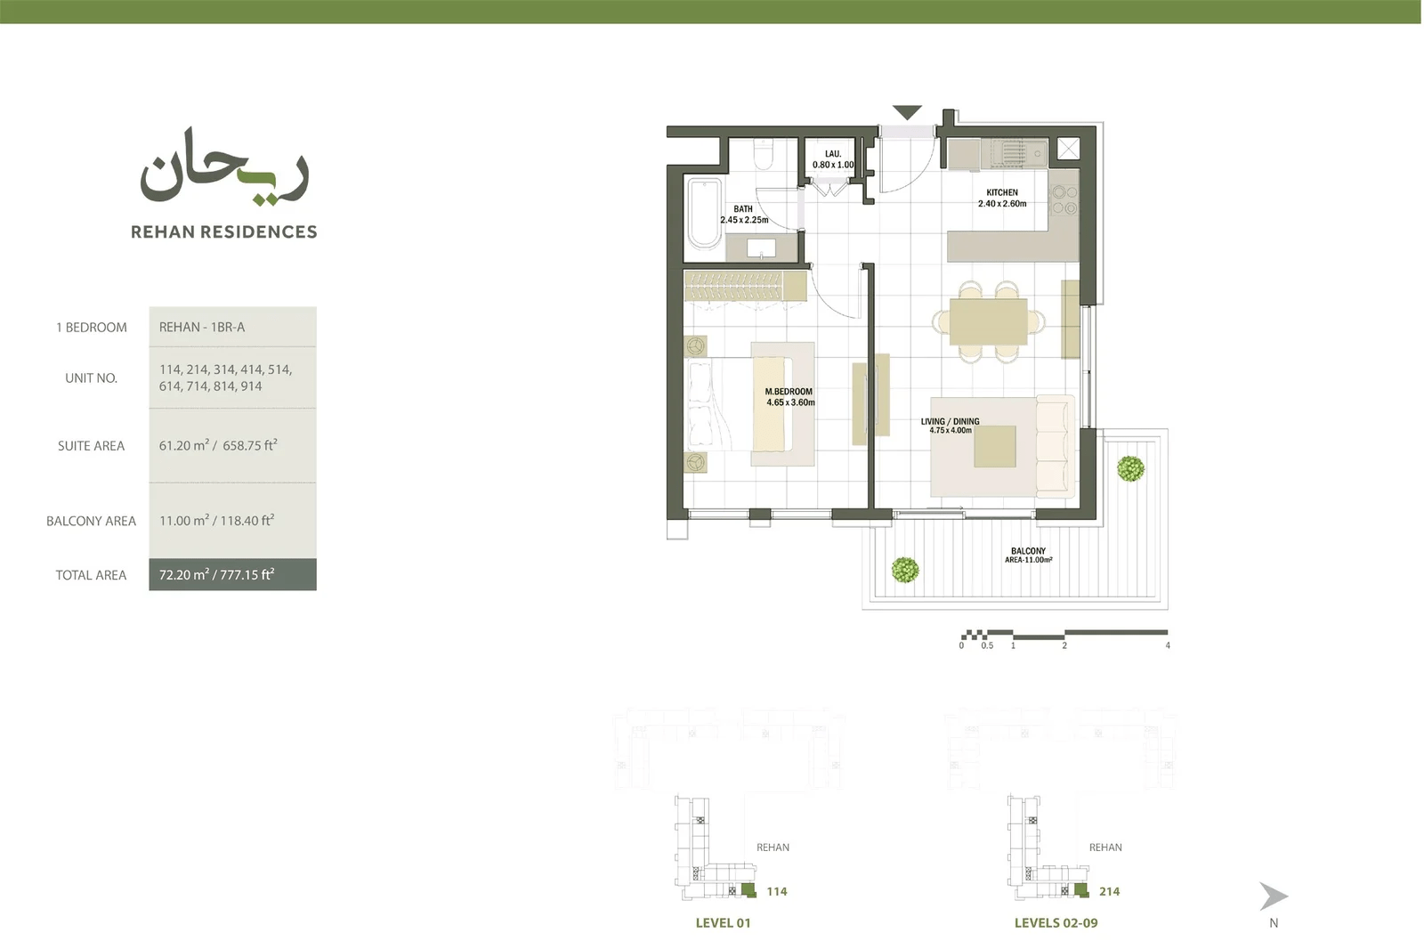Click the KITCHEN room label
pyautogui.click(x=1002, y=192)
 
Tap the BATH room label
pyautogui.click(x=743, y=208)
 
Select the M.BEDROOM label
pyautogui.click(x=789, y=391)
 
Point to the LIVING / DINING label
pyautogui.click(x=951, y=421)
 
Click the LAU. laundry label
pyautogui.click(x=833, y=154)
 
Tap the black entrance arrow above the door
pyautogui.click(x=907, y=112)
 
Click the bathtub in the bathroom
pyautogui.click(x=704, y=213)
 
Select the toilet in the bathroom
pyautogui.click(x=763, y=154)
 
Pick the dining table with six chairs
pyautogui.click(x=989, y=321)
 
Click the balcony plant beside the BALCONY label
pyautogui.click(x=904, y=570)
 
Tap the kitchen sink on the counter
pyautogui.click(x=1015, y=153)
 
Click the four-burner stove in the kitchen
pyautogui.click(x=1064, y=199)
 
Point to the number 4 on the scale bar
pyautogui.click(x=1168, y=645)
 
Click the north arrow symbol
pyautogui.click(x=1274, y=896)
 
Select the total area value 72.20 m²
pyautogui.click(x=184, y=574)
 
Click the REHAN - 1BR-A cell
pyautogui.click(x=232, y=327)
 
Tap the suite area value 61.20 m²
pyautogui.click(x=184, y=445)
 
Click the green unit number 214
pyautogui.click(x=1109, y=891)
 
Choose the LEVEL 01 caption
pyautogui.click(x=724, y=923)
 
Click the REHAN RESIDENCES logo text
pyautogui.click(x=223, y=231)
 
